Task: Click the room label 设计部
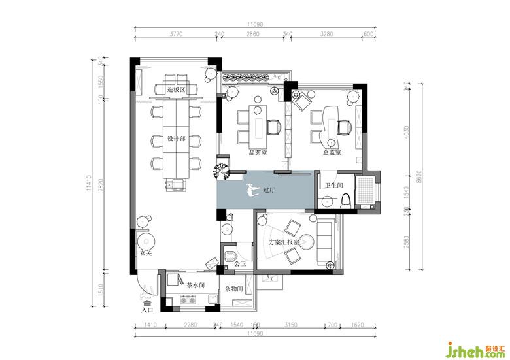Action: coord(177,139)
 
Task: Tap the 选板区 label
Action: coord(177,90)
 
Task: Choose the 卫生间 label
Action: coord(334,185)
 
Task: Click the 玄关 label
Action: coord(144,253)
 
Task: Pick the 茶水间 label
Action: coord(196,286)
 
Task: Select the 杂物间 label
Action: coord(234,288)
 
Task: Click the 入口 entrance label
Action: coord(147,310)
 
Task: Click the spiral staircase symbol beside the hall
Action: coord(223,171)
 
